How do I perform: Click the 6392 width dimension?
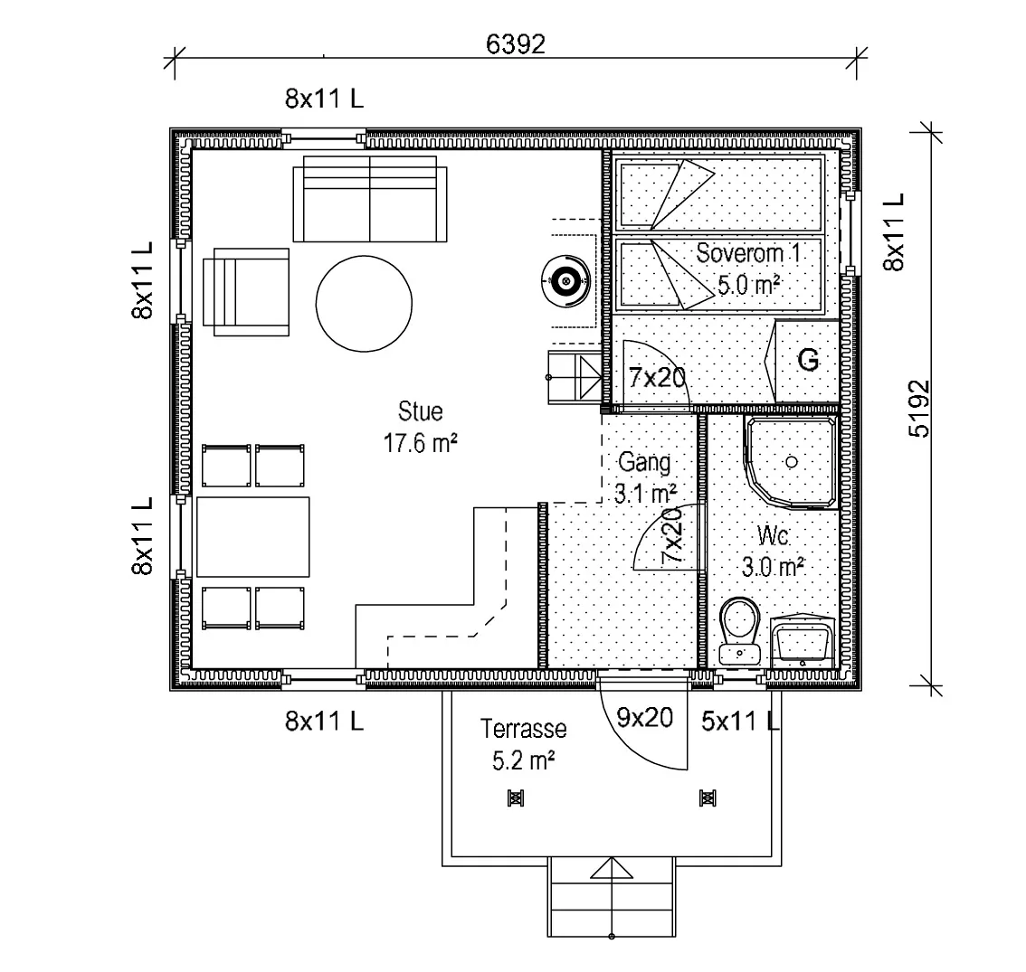[x=516, y=43]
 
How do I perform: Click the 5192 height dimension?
[x=919, y=409]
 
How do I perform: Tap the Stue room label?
[x=420, y=411]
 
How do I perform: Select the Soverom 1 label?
[x=748, y=253]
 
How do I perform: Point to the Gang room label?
[x=644, y=462]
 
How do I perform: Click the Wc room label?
[x=773, y=535]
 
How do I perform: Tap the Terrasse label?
[x=524, y=729]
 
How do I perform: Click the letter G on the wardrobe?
[x=809, y=360]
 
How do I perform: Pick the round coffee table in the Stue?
[x=364, y=304]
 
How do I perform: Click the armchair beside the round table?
[x=246, y=292]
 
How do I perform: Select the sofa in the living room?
[x=370, y=199]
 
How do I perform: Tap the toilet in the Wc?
[x=740, y=631]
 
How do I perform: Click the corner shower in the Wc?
[x=791, y=462]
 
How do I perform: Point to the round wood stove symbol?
[x=566, y=281]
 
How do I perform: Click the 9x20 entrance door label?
[x=644, y=718]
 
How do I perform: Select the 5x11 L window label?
[x=740, y=722]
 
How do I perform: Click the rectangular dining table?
[x=253, y=537]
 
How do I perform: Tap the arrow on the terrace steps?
[x=611, y=868]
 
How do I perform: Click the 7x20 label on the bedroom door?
[x=657, y=377]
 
